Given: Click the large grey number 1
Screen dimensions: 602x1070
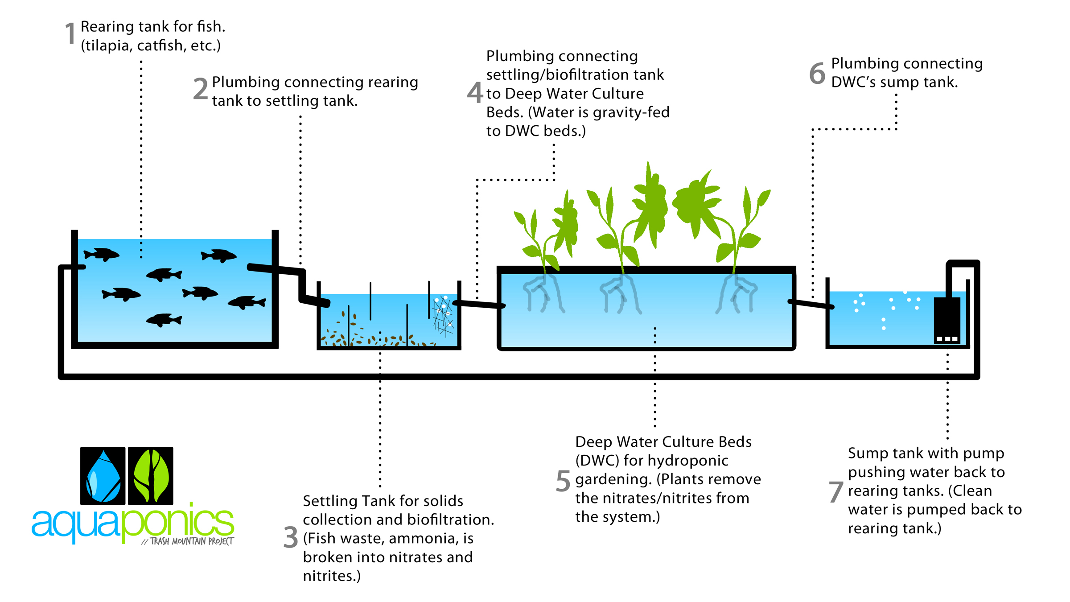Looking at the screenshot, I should coord(70,34).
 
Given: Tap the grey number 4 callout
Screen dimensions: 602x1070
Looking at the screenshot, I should coord(475,93).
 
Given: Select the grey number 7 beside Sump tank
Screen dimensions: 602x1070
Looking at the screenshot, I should coord(835,492).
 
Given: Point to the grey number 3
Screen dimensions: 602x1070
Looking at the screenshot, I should coord(291,537).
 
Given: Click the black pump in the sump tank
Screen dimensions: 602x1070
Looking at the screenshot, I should coord(947,320).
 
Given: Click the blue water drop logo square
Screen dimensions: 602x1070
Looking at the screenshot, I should coord(103,475).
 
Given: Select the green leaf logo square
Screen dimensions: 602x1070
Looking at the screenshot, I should coord(151,475).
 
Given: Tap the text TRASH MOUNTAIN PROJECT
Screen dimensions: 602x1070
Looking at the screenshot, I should coord(191,541).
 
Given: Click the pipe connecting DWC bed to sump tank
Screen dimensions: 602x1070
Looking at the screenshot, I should coord(811,305).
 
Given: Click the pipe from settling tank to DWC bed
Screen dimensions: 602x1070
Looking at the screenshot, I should coord(479,305).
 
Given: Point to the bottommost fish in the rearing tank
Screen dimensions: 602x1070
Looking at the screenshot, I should coord(164,320).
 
